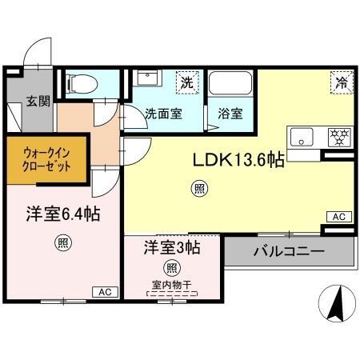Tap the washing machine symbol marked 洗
point(187,82)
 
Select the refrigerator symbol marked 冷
point(342,82)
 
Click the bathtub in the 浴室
point(230,82)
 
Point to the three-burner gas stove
point(339,137)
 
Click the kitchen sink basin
point(302,137)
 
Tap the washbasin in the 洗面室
point(147,78)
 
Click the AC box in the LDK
point(339,217)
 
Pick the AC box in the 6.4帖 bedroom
point(105,292)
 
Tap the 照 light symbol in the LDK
point(199,189)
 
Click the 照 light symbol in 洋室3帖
point(172,267)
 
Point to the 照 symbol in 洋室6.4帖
point(63,243)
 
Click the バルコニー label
point(289,251)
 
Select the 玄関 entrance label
point(38,101)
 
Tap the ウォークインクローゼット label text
point(46,160)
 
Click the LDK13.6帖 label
point(238,160)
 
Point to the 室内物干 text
point(172,285)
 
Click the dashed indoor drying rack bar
point(172,294)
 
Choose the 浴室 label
point(230,114)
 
